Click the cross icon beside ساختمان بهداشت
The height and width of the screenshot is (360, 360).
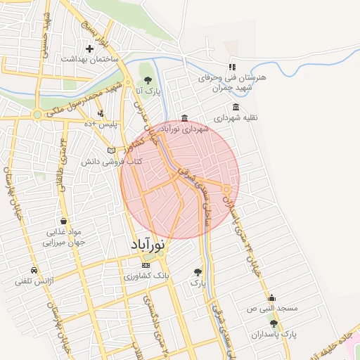(89, 49)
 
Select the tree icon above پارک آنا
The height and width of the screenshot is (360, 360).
(147, 79)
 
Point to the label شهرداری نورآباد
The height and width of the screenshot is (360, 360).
(185, 129)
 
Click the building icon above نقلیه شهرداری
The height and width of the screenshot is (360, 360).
(236, 107)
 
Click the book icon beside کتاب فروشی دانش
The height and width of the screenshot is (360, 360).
(111, 150)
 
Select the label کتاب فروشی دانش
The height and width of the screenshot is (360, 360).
(116, 161)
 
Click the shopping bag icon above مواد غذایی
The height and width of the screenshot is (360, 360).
(64, 221)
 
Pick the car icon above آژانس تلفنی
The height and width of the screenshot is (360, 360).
(34, 271)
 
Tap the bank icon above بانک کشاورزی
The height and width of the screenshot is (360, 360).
(146, 265)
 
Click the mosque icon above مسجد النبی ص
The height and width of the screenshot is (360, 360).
(271, 297)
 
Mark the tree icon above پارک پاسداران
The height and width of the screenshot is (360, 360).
(274, 323)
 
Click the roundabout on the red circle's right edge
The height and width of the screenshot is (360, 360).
(227, 189)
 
